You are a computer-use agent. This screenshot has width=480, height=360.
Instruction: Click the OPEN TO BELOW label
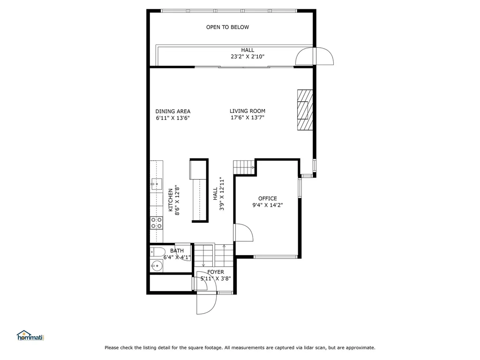point(227,27)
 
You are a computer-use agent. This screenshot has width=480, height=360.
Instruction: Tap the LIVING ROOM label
point(247,111)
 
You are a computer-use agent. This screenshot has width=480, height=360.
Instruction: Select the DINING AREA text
point(172,112)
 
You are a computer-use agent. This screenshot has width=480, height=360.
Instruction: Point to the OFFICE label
point(268,199)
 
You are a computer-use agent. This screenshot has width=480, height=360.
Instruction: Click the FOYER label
point(216,272)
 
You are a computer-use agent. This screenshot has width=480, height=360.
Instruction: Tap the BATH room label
point(177,251)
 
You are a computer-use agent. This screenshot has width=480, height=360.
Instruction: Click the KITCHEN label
point(171,200)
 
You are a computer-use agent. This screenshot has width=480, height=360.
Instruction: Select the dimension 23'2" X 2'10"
point(247,57)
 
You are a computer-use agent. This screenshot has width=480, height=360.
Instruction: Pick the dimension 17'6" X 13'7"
point(247,118)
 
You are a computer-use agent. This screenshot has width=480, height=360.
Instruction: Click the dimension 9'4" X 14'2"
point(268,205)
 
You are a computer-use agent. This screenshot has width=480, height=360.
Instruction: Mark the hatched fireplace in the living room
point(305,110)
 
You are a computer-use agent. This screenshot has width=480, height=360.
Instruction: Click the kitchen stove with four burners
point(157,223)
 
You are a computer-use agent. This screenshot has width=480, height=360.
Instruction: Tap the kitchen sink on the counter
point(157,184)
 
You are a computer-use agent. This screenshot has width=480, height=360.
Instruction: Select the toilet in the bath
point(157,252)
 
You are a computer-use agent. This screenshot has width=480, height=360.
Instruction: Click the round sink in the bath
point(157,266)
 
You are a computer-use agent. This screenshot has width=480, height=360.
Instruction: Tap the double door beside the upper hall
point(315,56)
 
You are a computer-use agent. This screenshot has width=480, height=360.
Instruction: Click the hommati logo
point(30,336)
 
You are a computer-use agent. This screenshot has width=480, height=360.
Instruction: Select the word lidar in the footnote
point(308,348)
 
